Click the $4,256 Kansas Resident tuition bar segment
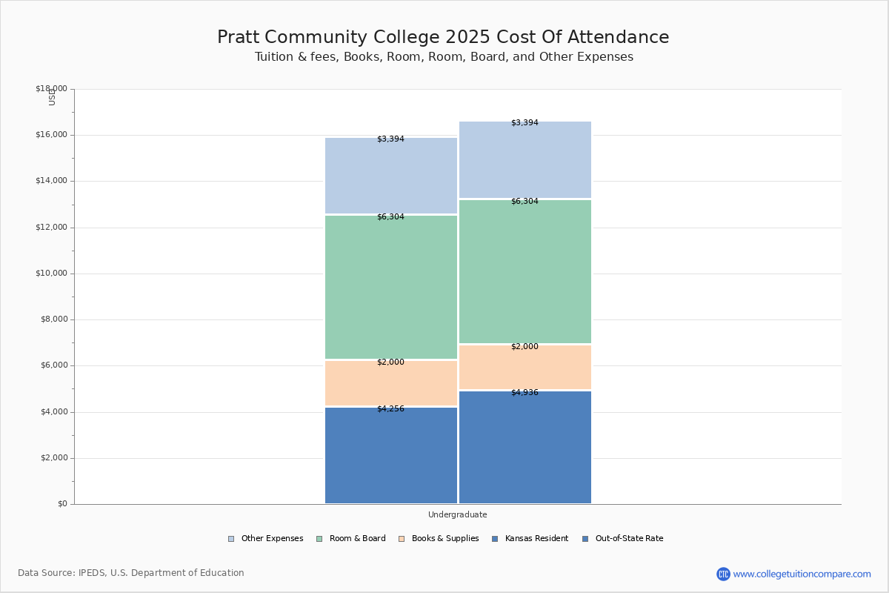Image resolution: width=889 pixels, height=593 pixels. point(391,455)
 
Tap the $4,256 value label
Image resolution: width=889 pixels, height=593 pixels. point(390,409)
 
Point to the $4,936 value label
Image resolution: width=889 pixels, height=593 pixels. point(525,393)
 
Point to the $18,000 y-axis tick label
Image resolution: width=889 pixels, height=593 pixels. point(51,89)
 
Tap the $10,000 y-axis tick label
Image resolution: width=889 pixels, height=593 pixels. point(51,274)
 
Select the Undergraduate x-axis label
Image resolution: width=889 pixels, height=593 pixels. point(458,514)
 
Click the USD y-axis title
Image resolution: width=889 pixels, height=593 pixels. point(52,97)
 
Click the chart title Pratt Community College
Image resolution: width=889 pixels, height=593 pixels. point(443,37)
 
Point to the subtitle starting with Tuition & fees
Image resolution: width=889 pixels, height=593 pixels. point(444,57)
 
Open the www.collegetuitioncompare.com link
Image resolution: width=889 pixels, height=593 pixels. point(802,574)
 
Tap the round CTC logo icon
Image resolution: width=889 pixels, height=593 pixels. point(723,574)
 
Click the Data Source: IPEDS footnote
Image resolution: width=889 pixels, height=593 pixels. point(131,573)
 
